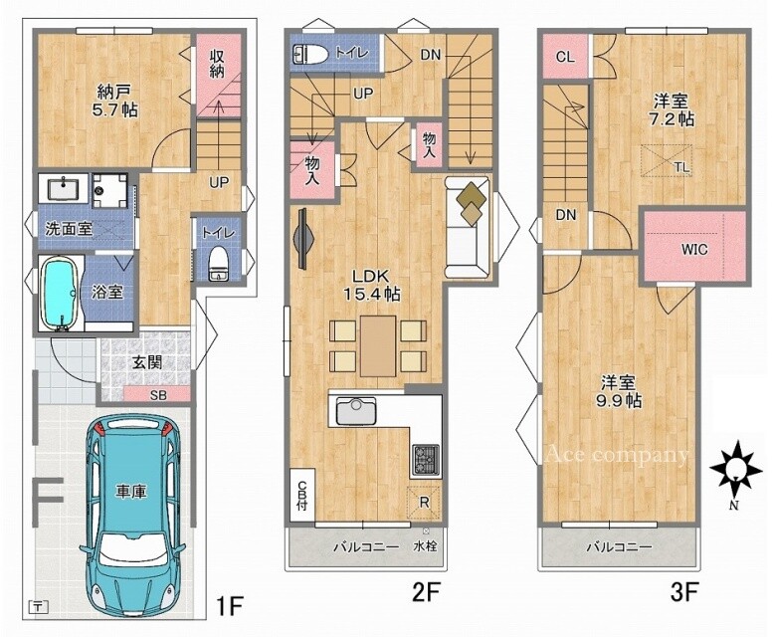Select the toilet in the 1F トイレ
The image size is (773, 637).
pyautogui.click(x=218, y=264)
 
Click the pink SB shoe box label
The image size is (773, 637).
pyautogui.click(x=158, y=395)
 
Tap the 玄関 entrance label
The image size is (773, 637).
pyautogui.click(x=146, y=362)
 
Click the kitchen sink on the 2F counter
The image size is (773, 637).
pyautogui.click(x=356, y=411)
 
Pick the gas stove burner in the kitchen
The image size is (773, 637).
pyautogui.click(x=426, y=460)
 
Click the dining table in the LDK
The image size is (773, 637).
pyautogui.click(x=378, y=345)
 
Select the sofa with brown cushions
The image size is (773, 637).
pyautogui.click(x=467, y=226)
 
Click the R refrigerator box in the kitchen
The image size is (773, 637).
pyautogui.click(x=424, y=503)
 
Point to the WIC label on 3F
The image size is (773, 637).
pyautogui.click(x=694, y=249)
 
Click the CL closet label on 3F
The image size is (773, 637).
pyautogui.click(x=565, y=57)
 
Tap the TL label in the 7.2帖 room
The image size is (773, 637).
pyautogui.click(x=682, y=167)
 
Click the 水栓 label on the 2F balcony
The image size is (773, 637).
pyautogui.click(x=425, y=546)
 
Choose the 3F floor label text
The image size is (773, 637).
pyautogui.click(x=682, y=591)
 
